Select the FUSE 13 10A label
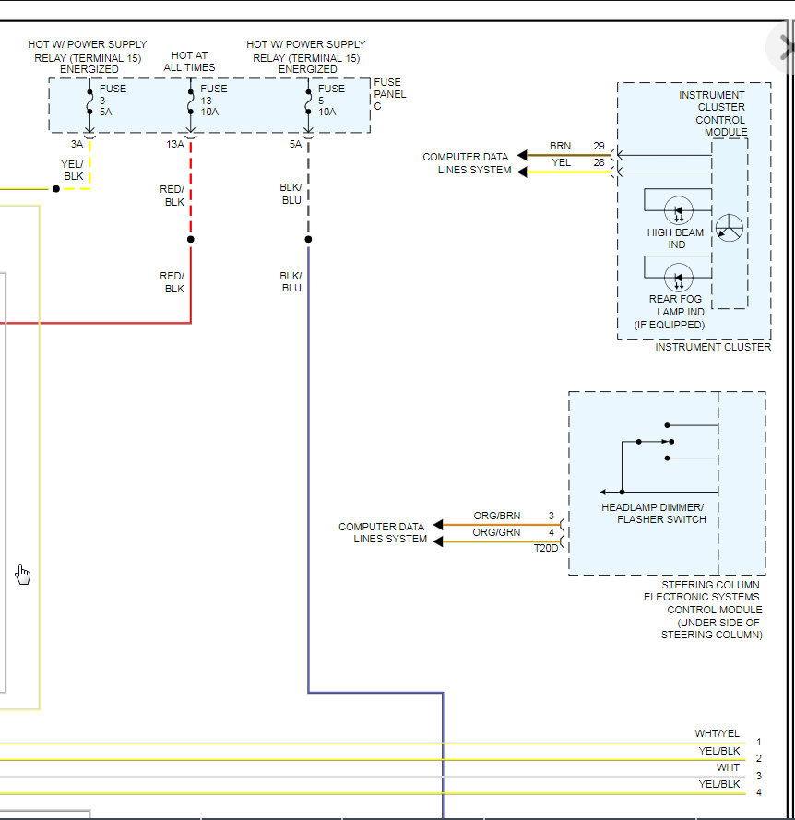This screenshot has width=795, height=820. [213, 101]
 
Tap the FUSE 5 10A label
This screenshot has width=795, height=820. [331, 101]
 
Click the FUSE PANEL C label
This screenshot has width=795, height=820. [389, 94]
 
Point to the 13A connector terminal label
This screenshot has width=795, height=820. [174, 144]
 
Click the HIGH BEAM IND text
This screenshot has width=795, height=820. [676, 239]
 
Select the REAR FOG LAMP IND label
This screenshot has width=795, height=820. [676, 305]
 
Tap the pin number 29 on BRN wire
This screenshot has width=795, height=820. [599, 147]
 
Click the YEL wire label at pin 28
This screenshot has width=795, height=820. [561, 162]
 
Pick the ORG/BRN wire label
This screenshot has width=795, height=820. [496, 516]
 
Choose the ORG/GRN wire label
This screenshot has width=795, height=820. [496, 532]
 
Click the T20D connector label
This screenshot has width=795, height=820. [546, 549]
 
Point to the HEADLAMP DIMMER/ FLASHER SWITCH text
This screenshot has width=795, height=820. [654, 514]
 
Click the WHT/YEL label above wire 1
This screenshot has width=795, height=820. [718, 734]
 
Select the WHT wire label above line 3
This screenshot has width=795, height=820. [728, 767]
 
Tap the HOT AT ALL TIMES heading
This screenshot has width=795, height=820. [190, 62]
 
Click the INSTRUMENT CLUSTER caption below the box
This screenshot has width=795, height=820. [713, 347]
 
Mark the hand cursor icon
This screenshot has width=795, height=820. [23, 576]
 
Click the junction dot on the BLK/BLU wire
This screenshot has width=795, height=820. [308, 239]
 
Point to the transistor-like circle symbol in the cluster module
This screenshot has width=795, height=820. [729, 229]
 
